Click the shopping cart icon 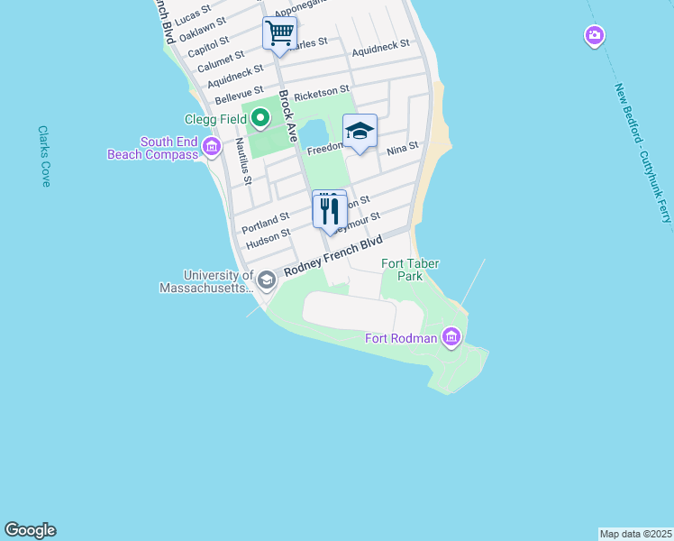[279, 33]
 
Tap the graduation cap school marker [360, 132]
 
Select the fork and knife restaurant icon [329, 211]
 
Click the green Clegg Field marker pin [260, 117]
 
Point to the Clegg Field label [216, 118]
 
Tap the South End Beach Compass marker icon [212, 146]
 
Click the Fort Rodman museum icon [451, 338]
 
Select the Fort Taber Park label [402, 270]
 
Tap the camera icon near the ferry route [594, 36]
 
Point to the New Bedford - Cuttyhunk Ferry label [643, 152]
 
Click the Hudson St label [268, 238]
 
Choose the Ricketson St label [321, 92]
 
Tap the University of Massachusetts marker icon [266, 281]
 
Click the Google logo [30, 530]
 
